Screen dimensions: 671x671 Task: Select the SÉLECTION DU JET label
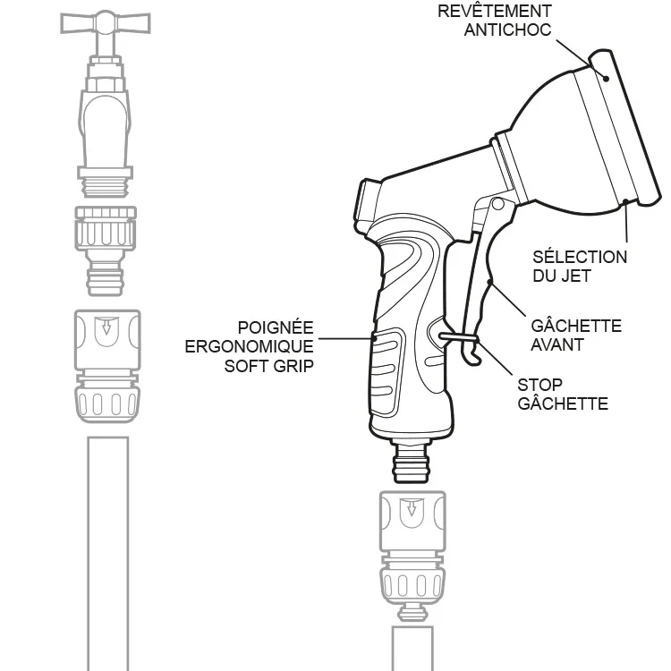(580, 267)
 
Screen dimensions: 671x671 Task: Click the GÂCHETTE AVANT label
(576, 335)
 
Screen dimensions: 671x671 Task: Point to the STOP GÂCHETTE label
(563, 395)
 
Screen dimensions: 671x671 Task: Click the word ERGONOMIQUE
(249, 346)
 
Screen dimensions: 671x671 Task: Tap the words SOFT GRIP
(268, 366)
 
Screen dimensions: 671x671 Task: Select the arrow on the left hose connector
(106, 327)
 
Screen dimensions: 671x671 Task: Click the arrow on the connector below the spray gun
(411, 511)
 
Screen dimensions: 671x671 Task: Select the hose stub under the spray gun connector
(412, 648)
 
